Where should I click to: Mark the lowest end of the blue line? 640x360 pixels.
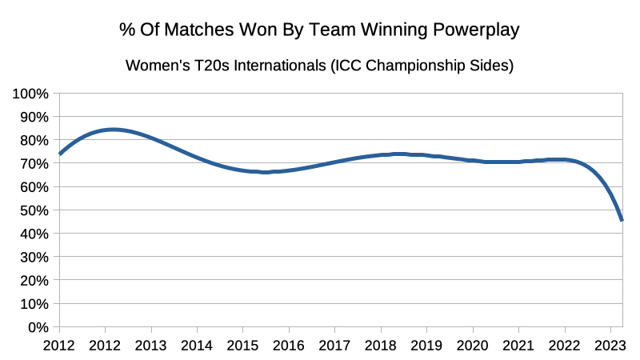click(x=622, y=220)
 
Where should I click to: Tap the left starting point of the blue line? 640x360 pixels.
click(x=59, y=154)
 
